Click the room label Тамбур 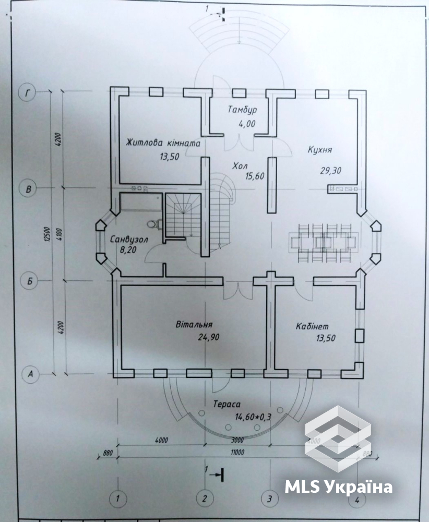click(242, 110)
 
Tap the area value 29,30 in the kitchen click(330, 171)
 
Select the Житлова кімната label click(163, 143)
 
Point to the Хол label click(240, 166)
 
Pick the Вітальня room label click(194, 325)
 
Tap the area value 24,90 click(209, 337)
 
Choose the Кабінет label click(312, 326)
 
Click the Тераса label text click(227, 404)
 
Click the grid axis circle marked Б click(29, 282)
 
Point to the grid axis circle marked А click(30, 374)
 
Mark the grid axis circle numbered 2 click(205, 499)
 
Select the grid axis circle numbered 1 click(117, 499)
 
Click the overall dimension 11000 click(236, 452)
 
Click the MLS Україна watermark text click(339, 488)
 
